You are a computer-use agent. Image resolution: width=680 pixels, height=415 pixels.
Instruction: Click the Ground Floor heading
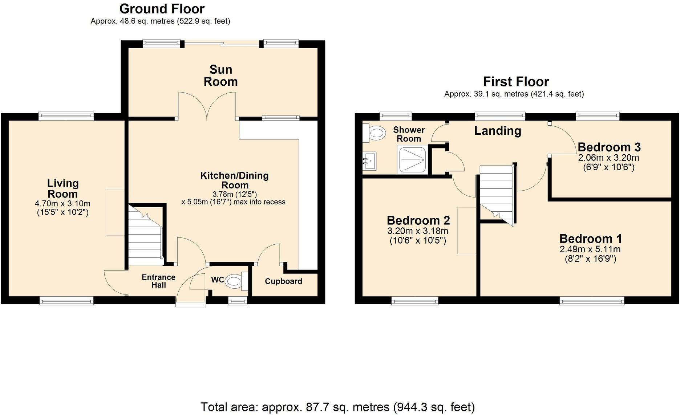click(162, 9)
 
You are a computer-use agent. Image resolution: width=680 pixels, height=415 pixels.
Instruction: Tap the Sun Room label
click(220, 76)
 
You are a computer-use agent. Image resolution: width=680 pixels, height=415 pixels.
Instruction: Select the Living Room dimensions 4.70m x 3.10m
click(62, 204)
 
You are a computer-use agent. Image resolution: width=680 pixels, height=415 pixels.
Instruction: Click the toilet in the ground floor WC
click(234, 281)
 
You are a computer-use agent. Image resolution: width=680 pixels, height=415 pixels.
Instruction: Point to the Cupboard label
click(283, 281)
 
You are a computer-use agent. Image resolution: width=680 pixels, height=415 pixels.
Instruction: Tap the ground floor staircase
click(145, 234)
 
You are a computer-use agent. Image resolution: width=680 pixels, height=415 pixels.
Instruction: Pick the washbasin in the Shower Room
click(370, 161)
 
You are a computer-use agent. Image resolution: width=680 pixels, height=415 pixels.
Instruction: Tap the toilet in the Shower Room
click(376, 133)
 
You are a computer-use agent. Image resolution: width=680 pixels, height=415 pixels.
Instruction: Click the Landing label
click(497, 131)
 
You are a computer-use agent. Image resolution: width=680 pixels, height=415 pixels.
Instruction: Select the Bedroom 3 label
click(609, 147)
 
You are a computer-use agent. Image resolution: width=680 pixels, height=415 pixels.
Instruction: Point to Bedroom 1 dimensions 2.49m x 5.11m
click(590, 249)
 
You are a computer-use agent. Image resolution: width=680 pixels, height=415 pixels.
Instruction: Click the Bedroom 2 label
click(418, 220)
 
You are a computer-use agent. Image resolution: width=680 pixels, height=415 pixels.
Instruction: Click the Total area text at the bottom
click(337, 407)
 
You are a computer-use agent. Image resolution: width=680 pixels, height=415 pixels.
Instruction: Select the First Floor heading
click(515, 81)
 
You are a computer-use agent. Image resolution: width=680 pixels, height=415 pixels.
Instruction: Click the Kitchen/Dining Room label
click(234, 180)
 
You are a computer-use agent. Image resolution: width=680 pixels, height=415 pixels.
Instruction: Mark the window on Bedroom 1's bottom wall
click(592, 300)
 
